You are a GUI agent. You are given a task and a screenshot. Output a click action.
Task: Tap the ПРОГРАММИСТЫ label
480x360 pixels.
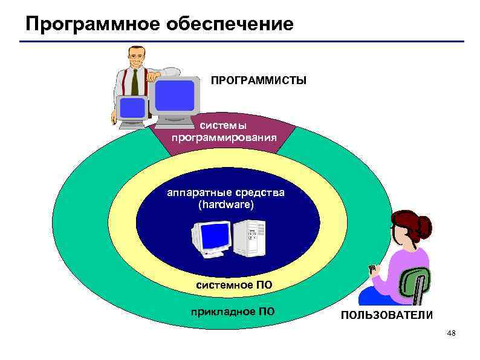click(x=258, y=80)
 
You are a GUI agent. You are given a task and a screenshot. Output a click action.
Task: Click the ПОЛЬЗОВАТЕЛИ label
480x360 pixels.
click(x=386, y=315)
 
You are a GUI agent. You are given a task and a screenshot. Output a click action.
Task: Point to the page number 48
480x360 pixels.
click(x=451, y=334)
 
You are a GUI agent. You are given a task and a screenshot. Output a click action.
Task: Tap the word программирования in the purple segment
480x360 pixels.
click(x=224, y=137)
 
